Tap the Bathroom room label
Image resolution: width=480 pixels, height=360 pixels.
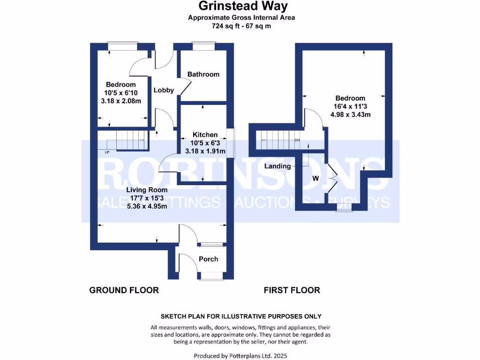(x=203, y=74)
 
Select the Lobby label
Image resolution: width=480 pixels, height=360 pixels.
(x=164, y=90)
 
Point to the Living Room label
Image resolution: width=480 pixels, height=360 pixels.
(x=147, y=190)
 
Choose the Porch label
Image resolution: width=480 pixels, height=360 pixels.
(x=209, y=259)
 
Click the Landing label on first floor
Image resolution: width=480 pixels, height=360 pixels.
(x=277, y=166)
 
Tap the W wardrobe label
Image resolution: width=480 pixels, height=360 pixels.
(x=315, y=179)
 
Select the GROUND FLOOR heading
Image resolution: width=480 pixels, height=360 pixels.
(x=124, y=290)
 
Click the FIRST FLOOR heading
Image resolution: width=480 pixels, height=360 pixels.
(x=292, y=290)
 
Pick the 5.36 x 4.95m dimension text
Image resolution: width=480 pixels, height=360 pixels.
(x=147, y=207)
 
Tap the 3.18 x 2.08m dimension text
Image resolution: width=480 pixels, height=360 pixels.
(x=120, y=101)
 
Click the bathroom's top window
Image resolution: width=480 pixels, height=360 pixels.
(x=203, y=45)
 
